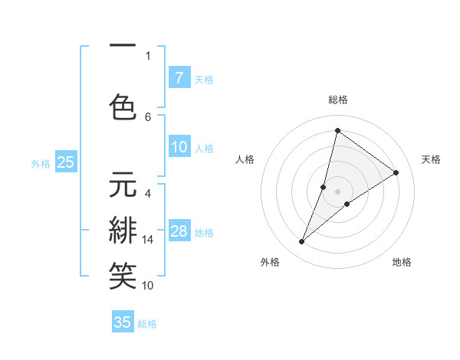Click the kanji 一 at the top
click(x=123, y=47)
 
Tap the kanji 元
click(x=123, y=187)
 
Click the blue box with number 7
click(x=179, y=77)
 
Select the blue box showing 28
click(x=179, y=231)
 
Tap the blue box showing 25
click(x=65, y=162)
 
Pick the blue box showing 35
click(x=123, y=322)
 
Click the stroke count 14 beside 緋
click(x=148, y=240)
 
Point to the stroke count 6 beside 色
click(x=148, y=116)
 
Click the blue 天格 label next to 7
click(x=204, y=79)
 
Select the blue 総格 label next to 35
click(x=148, y=324)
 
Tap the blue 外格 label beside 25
click(x=41, y=163)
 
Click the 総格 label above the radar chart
click(x=337, y=100)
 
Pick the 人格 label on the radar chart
click(x=245, y=159)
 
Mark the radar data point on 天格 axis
click(x=396, y=172)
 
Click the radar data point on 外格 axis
click(x=302, y=242)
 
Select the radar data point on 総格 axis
click(x=337, y=131)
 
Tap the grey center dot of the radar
click(x=337, y=191)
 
